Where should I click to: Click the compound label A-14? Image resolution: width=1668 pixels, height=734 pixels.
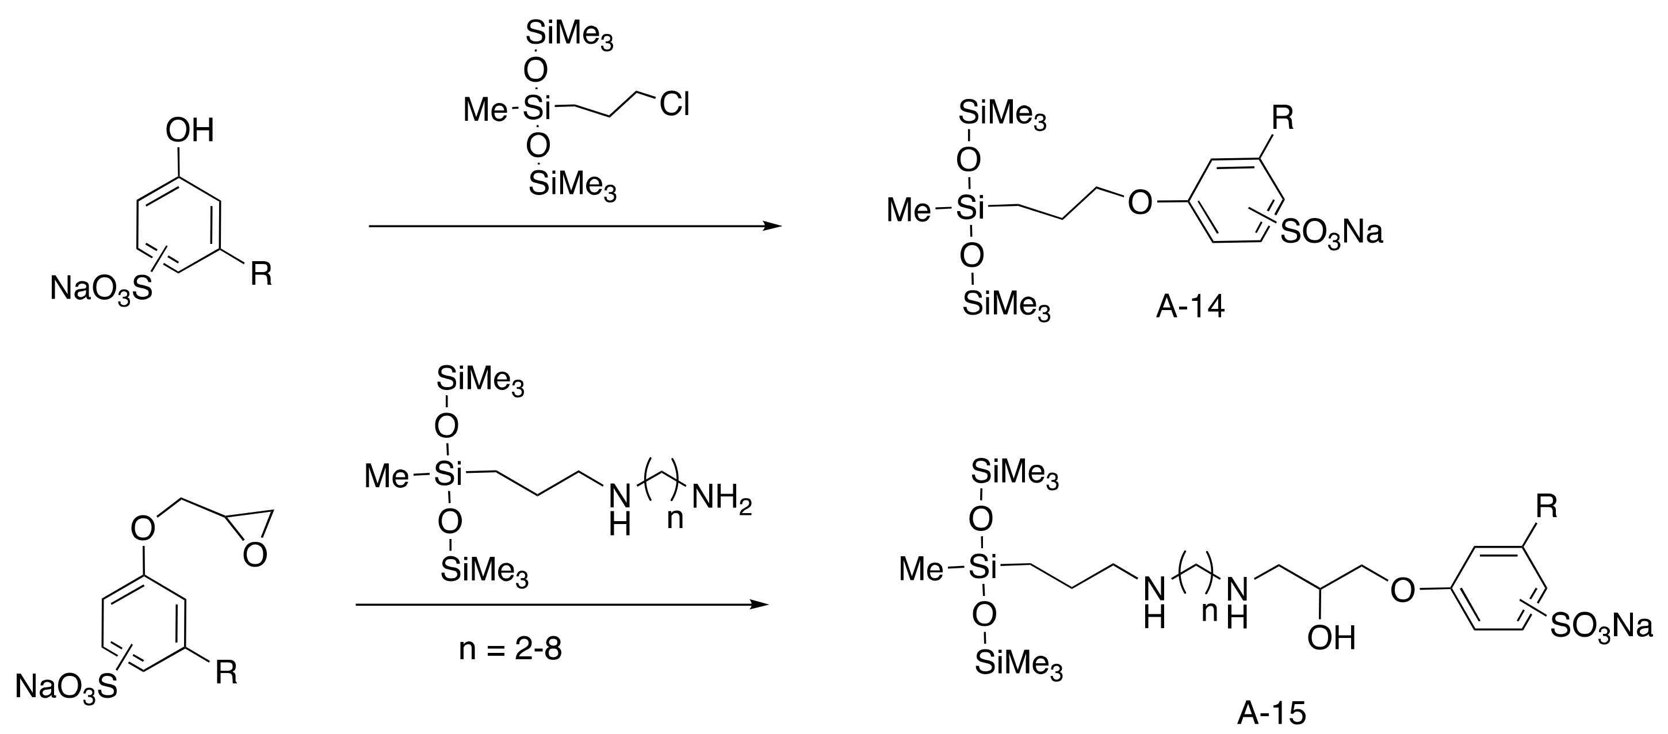tap(1190, 307)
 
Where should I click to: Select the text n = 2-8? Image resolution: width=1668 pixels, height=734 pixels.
tap(510, 648)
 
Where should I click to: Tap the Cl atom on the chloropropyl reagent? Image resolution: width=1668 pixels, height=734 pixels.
tap(674, 104)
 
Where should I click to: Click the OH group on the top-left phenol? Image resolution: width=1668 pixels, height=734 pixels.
tap(189, 131)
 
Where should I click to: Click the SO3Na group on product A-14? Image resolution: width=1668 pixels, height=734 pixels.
tap(1332, 232)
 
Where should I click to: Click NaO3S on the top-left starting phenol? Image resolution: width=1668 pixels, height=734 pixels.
tap(101, 289)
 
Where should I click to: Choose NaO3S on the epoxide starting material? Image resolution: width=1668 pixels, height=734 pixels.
tap(66, 687)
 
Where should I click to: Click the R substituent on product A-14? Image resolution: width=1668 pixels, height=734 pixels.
tap(1283, 118)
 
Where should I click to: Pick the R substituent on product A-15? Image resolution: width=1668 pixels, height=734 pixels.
tap(1547, 507)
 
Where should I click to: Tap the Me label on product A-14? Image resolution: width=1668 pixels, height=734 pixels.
tap(908, 210)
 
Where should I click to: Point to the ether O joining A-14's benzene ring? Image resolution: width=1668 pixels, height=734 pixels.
tap(1140, 203)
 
